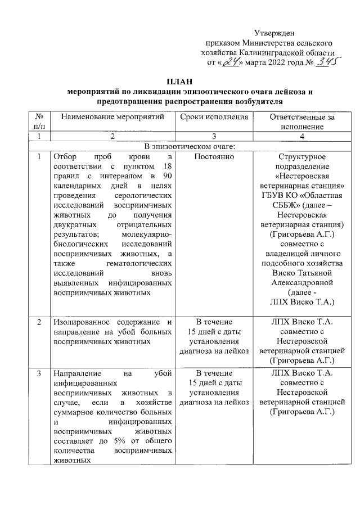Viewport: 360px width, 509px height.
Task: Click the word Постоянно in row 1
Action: click(214, 156)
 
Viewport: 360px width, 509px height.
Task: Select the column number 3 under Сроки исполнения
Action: click(214, 137)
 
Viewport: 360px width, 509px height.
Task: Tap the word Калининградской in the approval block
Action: click(264, 52)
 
